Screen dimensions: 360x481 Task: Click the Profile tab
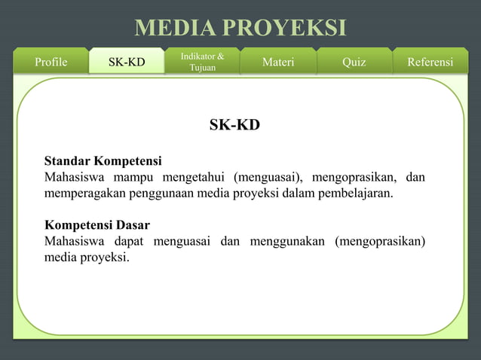(x=51, y=62)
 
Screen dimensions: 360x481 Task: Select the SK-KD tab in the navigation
(x=127, y=62)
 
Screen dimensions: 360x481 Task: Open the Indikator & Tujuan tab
(x=202, y=62)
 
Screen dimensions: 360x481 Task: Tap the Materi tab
(x=278, y=62)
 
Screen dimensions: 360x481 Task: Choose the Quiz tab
(x=354, y=62)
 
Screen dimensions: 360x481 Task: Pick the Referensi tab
(x=430, y=62)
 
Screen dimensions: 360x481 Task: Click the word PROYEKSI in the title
(x=290, y=28)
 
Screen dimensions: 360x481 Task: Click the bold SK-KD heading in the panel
(x=234, y=125)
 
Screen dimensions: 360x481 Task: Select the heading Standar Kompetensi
(x=103, y=161)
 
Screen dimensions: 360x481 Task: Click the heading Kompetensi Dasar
(x=97, y=225)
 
